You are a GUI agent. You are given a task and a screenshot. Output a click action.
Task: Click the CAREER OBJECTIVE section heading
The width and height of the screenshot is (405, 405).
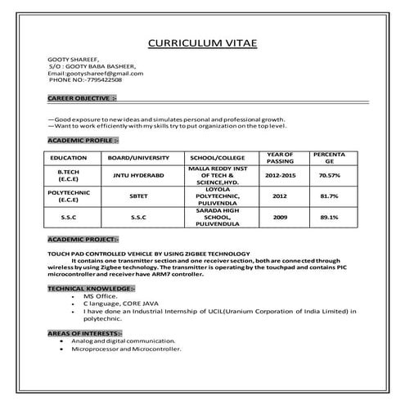click(x=82, y=98)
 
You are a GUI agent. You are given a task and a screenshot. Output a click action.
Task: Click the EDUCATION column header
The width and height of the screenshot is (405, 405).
click(x=69, y=157)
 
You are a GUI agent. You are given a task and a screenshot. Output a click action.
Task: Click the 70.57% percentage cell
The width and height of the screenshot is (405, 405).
click(x=329, y=175)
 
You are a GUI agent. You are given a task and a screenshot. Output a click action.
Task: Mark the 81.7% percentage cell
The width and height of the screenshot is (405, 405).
click(x=329, y=196)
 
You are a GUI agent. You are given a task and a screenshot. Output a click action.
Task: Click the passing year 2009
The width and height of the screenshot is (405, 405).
click(x=281, y=217)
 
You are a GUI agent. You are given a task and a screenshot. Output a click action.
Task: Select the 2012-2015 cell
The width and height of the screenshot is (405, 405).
click(x=281, y=175)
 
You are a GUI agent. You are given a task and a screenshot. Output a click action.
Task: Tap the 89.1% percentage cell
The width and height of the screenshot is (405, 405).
click(x=329, y=217)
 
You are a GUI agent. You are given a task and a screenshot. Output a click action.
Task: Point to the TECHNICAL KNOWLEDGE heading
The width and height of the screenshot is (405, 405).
click(x=91, y=289)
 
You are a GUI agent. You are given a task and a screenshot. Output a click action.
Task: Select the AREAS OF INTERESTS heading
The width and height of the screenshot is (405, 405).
click(x=85, y=334)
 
